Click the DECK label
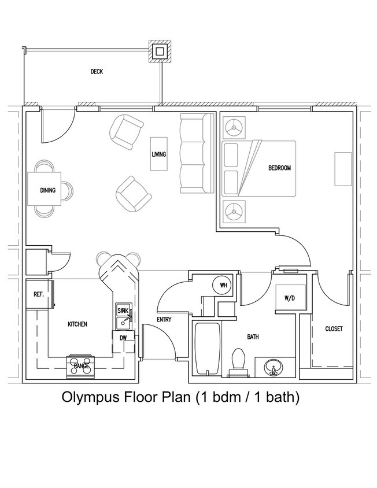(x=97, y=72)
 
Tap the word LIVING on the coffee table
(x=159, y=154)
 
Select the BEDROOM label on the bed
(x=279, y=168)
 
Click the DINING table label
(x=47, y=190)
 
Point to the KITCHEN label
(x=77, y=324)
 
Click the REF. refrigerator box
(x=39, y=294)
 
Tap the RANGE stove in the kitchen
(x=81, y=365)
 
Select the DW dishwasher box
(x=123, y=338)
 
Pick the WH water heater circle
(x=223, y=284)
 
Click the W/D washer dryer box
(x=289, y=298)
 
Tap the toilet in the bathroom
(x=238, y=362)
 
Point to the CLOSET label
(x=334, y=328)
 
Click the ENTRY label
(x=164, y=320)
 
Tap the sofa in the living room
(x=193, y=153)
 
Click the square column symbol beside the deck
(x=160, y=51)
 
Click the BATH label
(x=253, y=337)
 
